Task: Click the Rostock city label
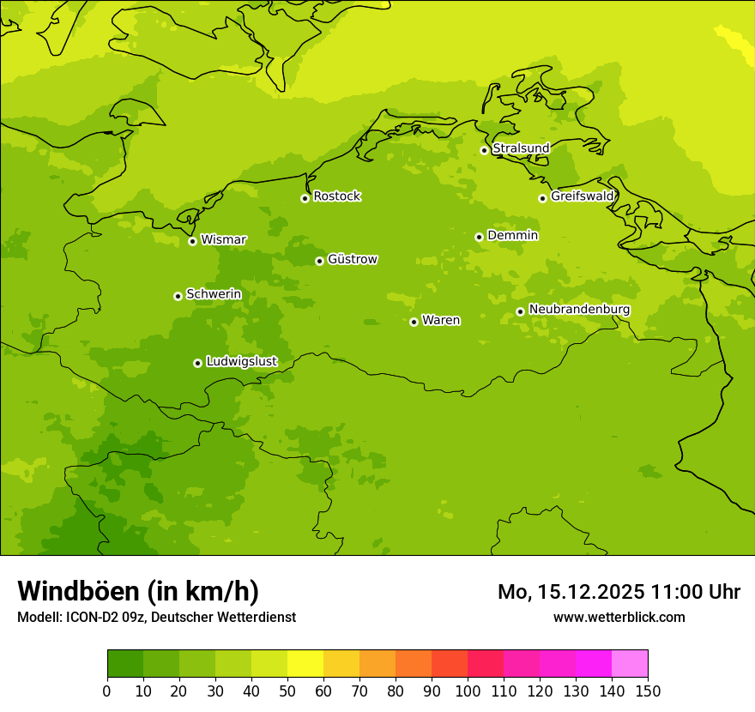point(336,196)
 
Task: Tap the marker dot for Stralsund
point(484,150)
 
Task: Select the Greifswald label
point(582,196)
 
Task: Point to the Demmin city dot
point(479,237)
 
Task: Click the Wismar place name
point(223,240)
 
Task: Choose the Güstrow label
point(353,259)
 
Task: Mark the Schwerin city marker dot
point(178,296)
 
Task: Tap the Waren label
point(441,321)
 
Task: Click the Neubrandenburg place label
point(579,310)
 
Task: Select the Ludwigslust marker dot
point(197,363)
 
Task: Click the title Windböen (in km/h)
point(138,591)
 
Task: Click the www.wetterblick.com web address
point(619,617)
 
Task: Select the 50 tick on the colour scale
point(287,691)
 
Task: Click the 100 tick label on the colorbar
point(468,691)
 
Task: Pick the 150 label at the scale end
point(648,691)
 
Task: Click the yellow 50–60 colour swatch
point(305,664)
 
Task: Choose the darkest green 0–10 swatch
point(125,664)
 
